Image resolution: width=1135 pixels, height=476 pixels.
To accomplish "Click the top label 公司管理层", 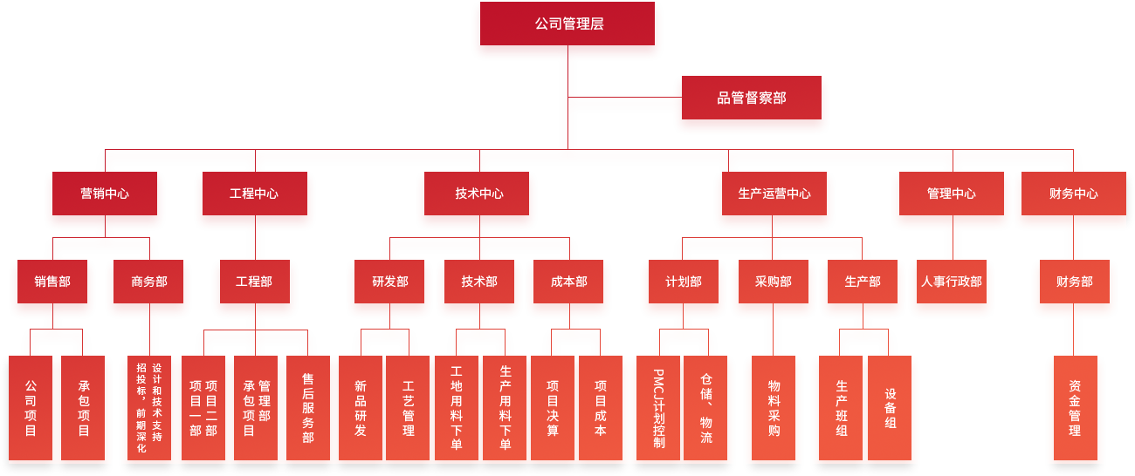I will tap(569, 24).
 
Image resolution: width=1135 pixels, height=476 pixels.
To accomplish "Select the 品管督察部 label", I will tap(752, 99).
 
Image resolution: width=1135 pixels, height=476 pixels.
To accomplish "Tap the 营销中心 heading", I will tap(105, 194).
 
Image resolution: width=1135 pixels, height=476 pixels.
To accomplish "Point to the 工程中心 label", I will tap(254, 194).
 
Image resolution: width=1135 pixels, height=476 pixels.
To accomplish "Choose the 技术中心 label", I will tap(479, 194).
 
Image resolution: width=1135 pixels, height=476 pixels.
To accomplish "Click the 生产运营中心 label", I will tap(774, 194).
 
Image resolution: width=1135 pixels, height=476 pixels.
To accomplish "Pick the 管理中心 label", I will tap(952, 194).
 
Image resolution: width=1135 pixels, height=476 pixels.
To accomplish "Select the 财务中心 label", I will tap(1074, 194).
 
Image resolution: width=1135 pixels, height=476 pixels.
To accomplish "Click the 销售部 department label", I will tap(52, 282).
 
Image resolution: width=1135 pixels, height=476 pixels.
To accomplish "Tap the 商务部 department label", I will tap(149, 282).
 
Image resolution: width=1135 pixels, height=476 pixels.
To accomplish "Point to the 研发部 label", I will tap(390, 282).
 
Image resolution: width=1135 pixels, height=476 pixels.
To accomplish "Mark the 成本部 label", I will tap(569, 282).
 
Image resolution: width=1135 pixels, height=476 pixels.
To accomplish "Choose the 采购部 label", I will tap(774, 282).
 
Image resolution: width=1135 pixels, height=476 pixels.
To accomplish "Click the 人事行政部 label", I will tap(952, 282).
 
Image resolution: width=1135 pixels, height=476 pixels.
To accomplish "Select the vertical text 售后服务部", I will tap(308, 408).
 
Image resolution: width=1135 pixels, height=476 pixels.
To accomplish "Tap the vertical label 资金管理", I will tap(1075, 408).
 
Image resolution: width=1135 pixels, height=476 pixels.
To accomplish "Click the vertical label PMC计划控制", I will tap(659, 408).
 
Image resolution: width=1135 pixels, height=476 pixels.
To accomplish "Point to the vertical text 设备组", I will tap(891, 408).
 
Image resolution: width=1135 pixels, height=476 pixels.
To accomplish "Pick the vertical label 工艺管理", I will tap(409, 408).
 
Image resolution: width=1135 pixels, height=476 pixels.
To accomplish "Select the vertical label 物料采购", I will tap(774, 408).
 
